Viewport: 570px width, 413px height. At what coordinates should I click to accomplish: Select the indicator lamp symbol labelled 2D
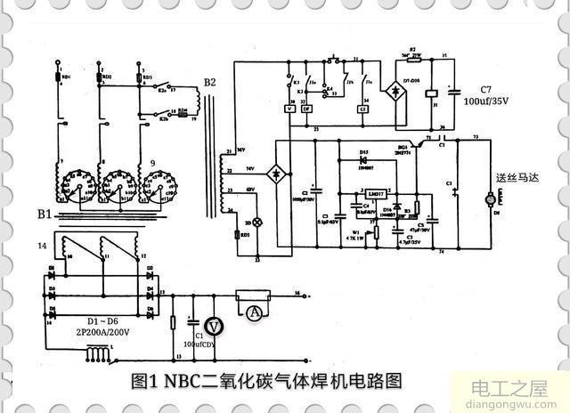[258, 221]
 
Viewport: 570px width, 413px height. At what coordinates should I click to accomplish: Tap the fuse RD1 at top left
[57, 76]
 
